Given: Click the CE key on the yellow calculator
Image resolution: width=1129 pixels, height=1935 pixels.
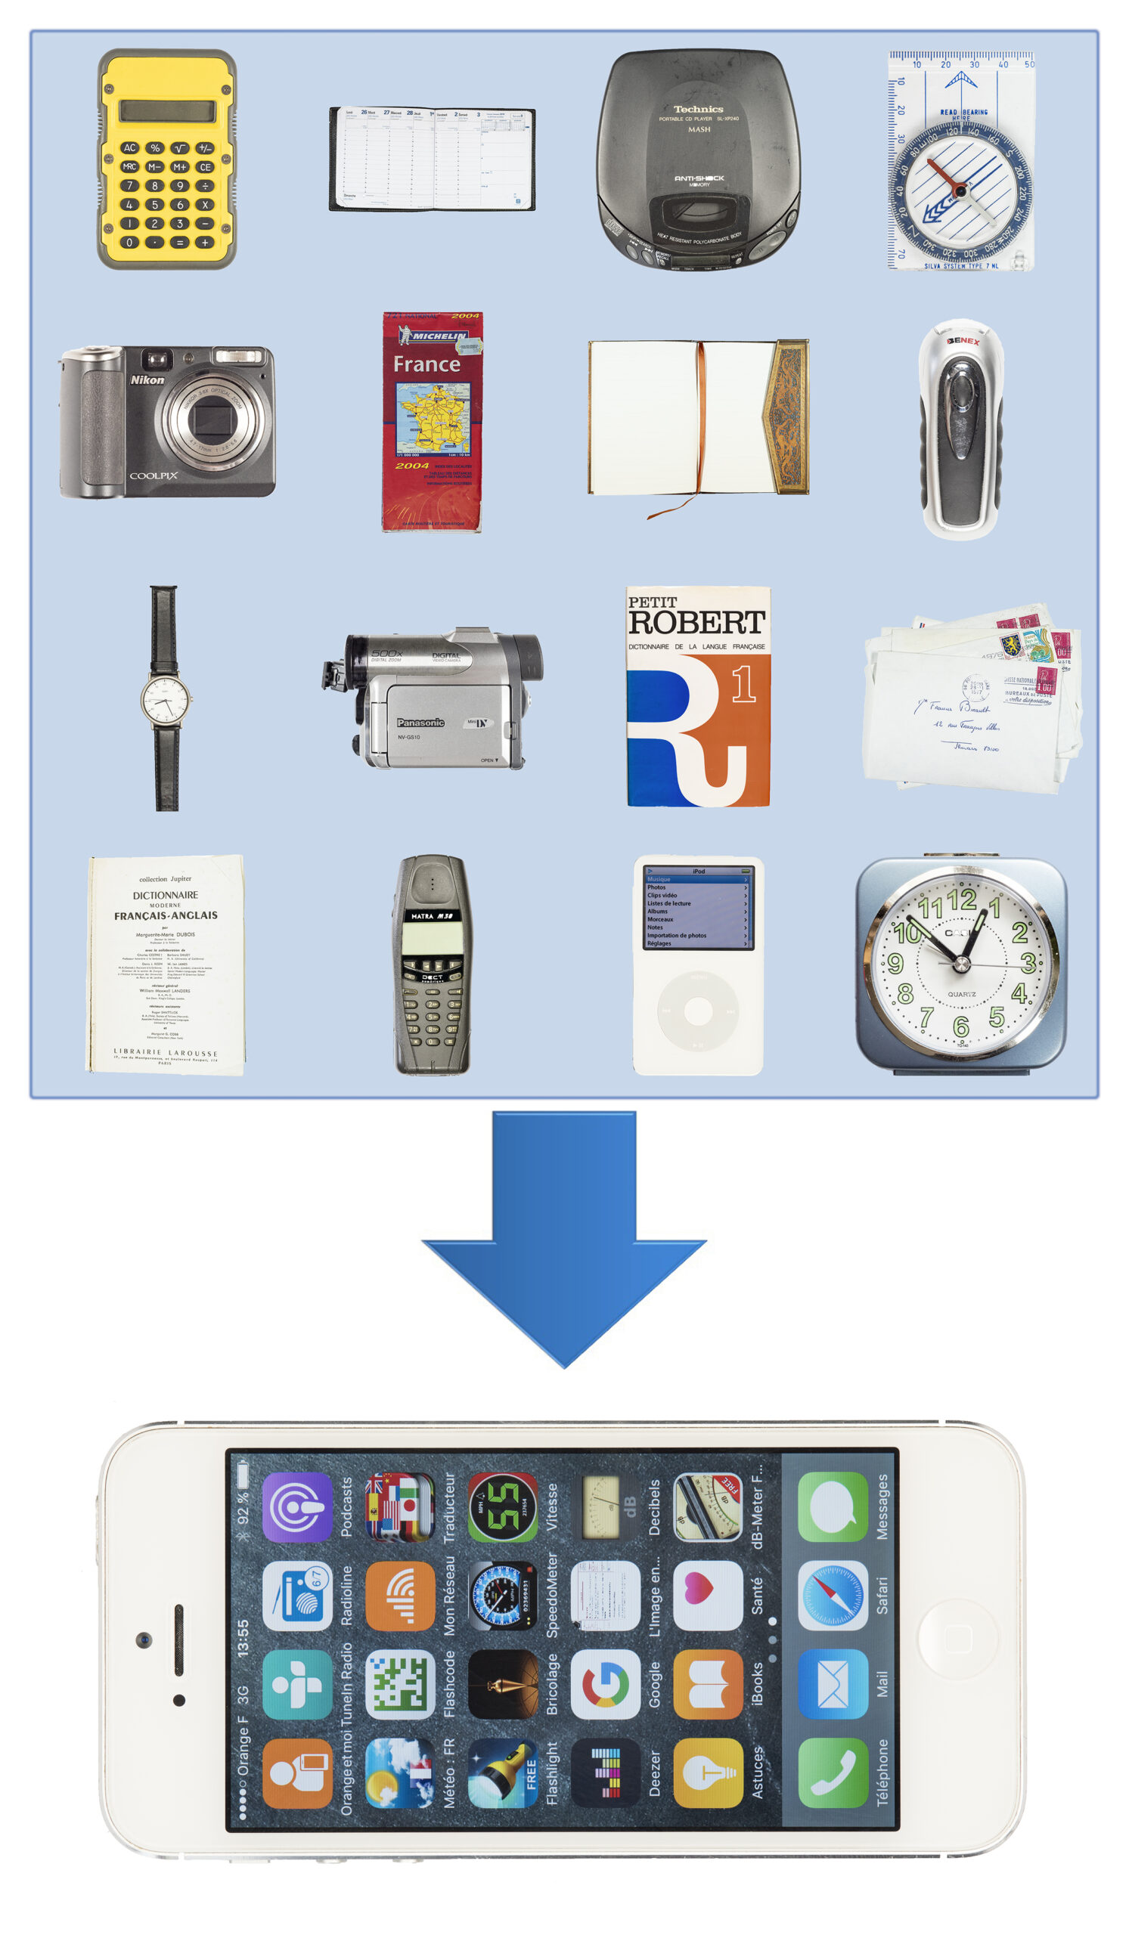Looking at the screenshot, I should click(204, 166).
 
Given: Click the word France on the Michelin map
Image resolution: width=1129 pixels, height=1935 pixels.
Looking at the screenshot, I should click(426, 364).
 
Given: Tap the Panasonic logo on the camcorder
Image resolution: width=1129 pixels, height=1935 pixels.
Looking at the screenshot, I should click(420, 723).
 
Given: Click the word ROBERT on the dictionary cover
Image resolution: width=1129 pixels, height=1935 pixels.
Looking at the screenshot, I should click(696, 622).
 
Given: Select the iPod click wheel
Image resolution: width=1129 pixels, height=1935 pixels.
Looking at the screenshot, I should click(697, 1011).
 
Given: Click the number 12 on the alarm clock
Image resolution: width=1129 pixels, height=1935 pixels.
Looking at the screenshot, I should click(961, 899).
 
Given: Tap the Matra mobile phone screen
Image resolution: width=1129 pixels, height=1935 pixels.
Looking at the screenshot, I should click(432, 938).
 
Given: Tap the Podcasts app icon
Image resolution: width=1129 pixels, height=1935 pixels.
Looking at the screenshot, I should click(297, 1507).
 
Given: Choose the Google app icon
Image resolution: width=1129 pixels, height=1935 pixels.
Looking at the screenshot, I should click(605, 1685).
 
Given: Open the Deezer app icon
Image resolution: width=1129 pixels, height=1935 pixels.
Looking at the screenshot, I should click(605, 1773).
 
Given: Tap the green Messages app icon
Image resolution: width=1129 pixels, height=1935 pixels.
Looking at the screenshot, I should click(833, 1506).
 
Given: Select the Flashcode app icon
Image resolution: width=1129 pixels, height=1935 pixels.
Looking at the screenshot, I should click(400, 1685).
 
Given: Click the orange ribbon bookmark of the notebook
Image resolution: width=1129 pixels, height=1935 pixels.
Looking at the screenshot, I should click(699, 430).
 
